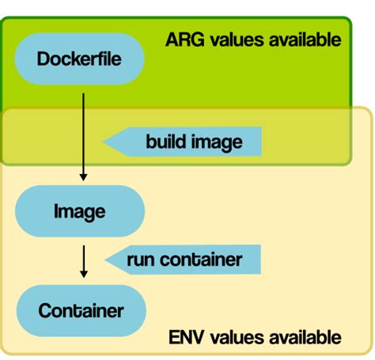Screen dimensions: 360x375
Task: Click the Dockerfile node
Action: (x=79, y=59)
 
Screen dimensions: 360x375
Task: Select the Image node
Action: (x=79, y=212)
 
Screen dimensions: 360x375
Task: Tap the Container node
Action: (x=80, y=310)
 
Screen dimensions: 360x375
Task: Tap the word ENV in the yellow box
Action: (x=184, y=337)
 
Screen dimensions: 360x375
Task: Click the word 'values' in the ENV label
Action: (x=233, y=337)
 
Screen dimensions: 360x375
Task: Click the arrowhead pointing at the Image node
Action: (x=83, y=177)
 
